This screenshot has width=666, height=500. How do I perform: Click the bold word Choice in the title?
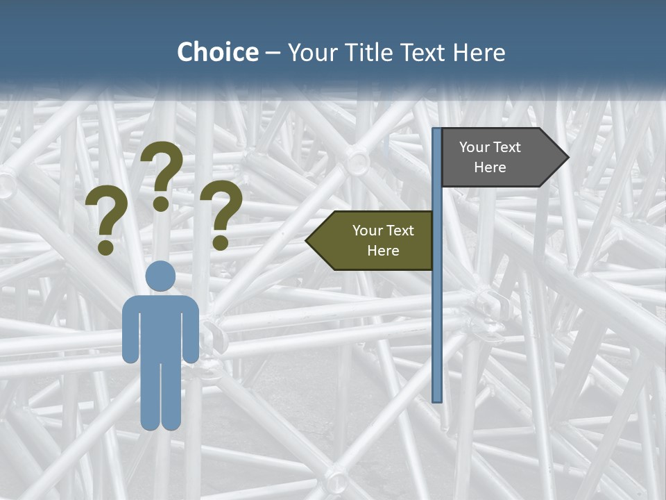pyautogui.click(x=217, y=53)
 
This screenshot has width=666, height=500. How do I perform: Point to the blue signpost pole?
pyautogui.click(x=436, y=312)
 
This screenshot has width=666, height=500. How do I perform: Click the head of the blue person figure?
pyautogui.click(x=160, y=276)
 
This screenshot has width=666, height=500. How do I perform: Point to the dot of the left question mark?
pyautogui.click(x=105, y=247)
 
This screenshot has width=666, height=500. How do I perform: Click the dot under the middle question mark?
pyautogui.click(x=161, y=203)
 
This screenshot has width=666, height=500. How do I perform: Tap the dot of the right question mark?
pyautogui.click(x=221, y=242)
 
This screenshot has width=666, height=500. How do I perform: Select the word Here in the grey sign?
pyautogui.click(x=490, y=167)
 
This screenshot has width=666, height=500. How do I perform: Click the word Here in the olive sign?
pyautogui.click(x=383, y=251)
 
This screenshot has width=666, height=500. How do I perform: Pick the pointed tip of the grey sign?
pyautogui.click(x=567, y=158)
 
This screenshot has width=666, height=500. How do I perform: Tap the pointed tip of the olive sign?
pyautogui.click(x=308, y=241)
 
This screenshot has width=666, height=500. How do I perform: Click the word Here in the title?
pyautogui.click(x=479, y=53)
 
